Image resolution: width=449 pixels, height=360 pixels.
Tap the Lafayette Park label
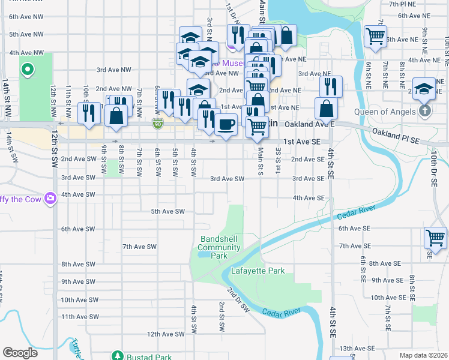pos(258,271)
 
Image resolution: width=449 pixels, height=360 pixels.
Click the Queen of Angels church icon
pos(425,112)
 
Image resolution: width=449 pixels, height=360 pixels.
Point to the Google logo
pos(20,353)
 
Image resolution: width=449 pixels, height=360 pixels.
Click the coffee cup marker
pos(226,125)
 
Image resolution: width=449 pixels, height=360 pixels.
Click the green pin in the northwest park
pos(27,70)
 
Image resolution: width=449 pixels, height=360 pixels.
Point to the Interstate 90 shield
pos(157,124)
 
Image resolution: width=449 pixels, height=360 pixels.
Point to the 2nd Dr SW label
pos(238,299)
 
